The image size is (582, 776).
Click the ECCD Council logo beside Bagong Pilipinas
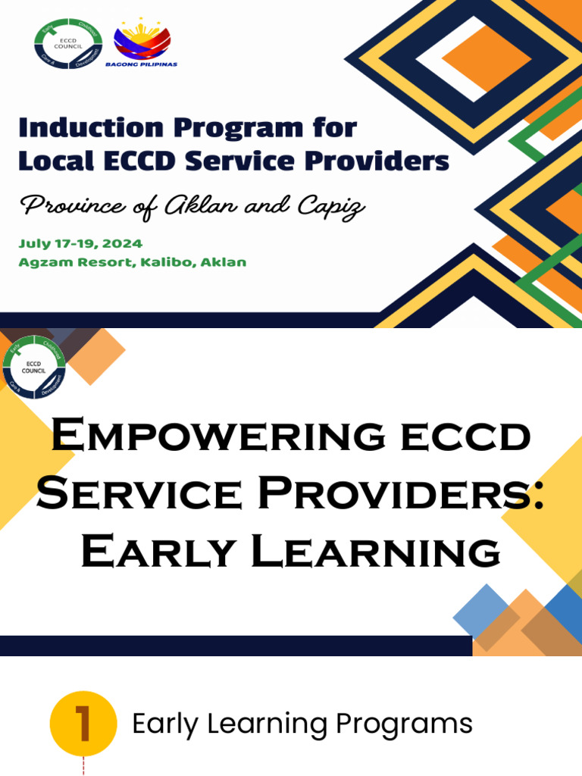click(x=67, y=43)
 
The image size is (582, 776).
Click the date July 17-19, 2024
click(x=80, y=244)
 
